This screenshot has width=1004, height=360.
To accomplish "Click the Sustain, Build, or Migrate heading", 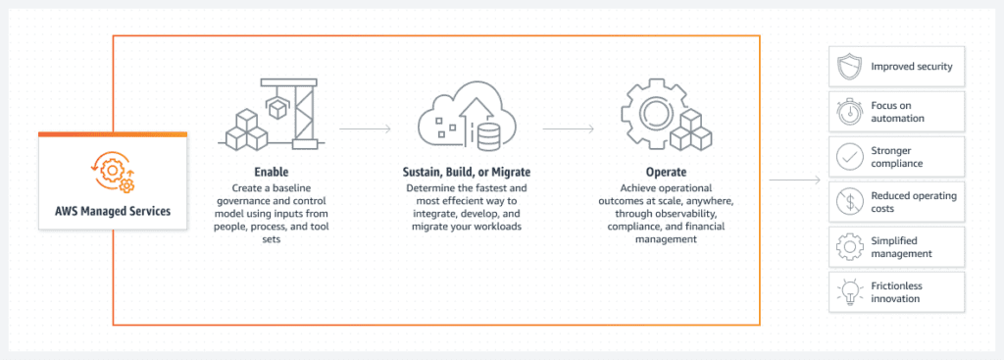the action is click(466, 172).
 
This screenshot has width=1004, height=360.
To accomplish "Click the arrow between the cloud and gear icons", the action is click(569, 128).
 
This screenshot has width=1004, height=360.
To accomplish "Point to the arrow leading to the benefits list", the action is click(795, 180).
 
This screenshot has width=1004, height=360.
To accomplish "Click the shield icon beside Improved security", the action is click(848, 68).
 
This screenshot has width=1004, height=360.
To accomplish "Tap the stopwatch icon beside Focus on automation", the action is click(848, 111).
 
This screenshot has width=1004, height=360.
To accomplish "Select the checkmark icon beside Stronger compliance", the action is click(848, 157).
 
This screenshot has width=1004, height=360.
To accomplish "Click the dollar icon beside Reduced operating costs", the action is click(848, 202).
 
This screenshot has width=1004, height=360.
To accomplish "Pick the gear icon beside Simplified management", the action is click(848, 246).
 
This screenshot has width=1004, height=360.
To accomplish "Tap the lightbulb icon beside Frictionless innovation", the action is click(848, 291).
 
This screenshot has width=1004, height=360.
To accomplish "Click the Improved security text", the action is click(912, 68).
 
